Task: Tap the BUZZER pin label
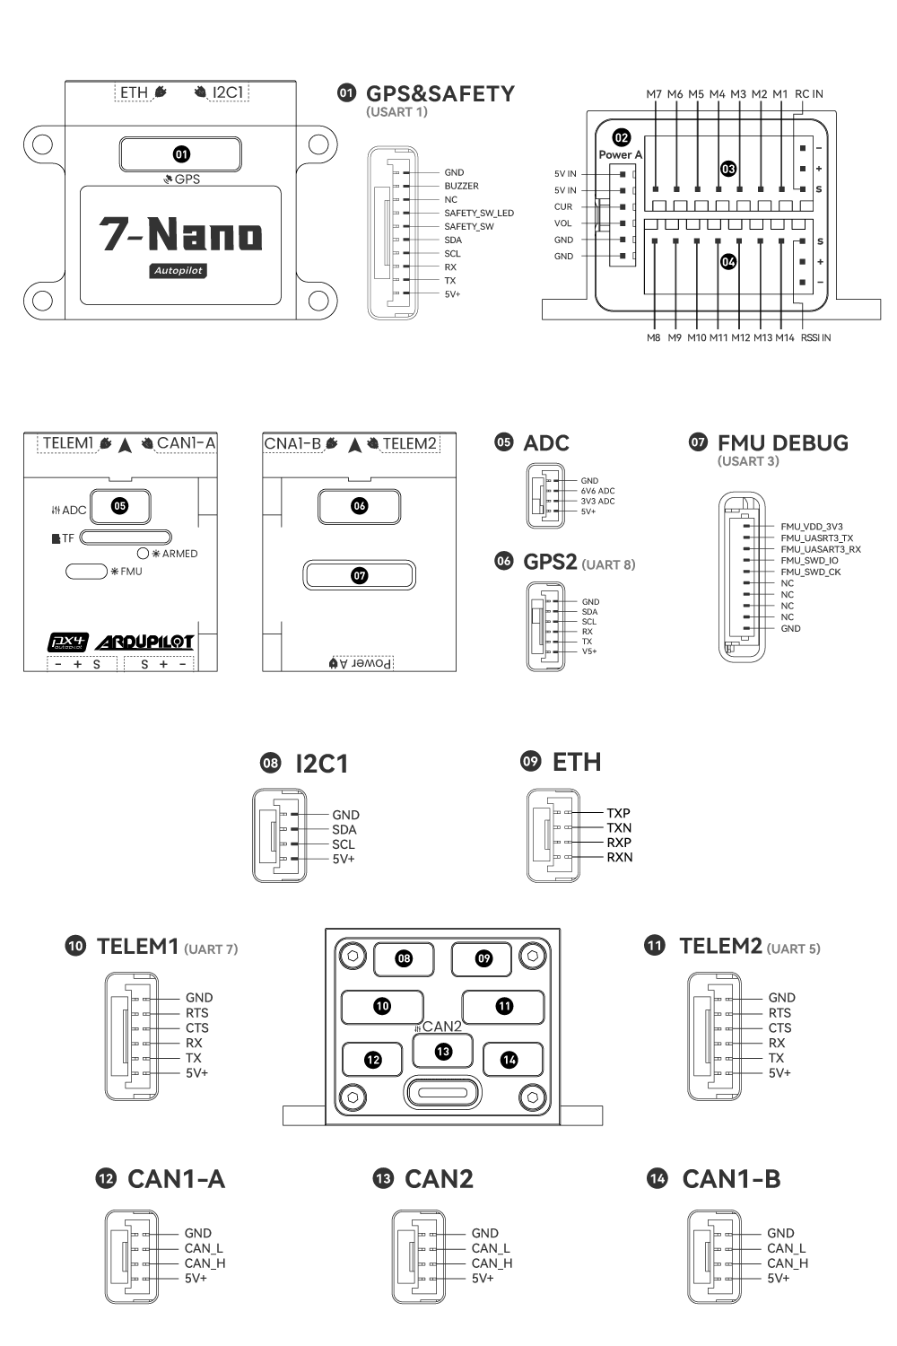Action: click(461, 186)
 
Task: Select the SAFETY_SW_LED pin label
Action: click(479, 213)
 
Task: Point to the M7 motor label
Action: click(654, 94)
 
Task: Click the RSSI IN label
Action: click(815, 338)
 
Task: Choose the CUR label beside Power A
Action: click(563, 206)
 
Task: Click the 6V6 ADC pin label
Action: click(597, 491)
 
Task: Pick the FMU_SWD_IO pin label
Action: click(809, 560)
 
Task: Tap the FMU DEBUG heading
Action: click(782, 442)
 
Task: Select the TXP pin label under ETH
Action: click(618, 813)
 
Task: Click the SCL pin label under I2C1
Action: click(344, 844)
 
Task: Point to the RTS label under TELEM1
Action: click(197, 1013)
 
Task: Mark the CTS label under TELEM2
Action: click(779, 1028)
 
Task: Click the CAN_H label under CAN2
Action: click(492, 1263)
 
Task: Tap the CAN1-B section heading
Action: click(731, 1179)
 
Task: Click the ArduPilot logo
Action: click(144, 642)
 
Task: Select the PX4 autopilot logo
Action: click(67, 642)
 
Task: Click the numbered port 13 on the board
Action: click(443, 1051)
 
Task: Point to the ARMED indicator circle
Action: click(143, 554)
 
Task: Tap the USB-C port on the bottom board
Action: click(443, 1093)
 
